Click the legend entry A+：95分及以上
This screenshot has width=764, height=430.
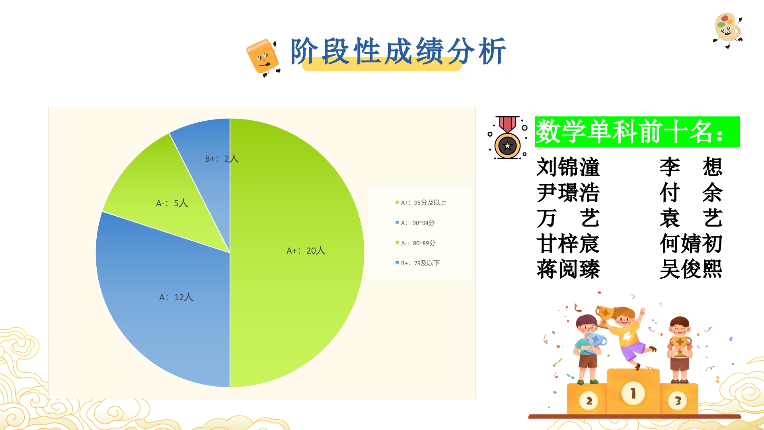point(421,203)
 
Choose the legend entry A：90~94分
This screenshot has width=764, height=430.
point(415,223)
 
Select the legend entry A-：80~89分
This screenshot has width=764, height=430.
point(415,243)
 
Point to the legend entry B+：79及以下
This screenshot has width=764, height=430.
point(417,263)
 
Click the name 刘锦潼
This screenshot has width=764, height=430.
point(568,167)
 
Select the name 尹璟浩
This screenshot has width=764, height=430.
point(568,192)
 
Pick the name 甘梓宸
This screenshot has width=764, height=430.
point(568,243)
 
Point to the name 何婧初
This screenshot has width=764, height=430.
point(691,243)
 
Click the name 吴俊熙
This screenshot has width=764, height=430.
point(691,269)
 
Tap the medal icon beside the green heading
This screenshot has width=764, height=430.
point(508,138)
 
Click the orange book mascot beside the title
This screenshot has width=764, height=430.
point(263,57)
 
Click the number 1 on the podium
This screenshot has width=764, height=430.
point(633,393)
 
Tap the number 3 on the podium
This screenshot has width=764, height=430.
point(678,401)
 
